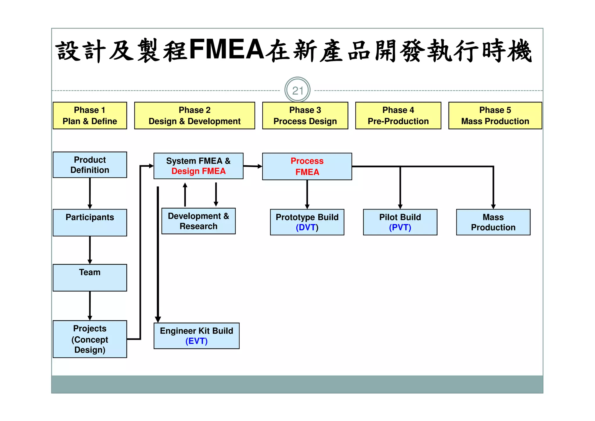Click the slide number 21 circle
tap(297, 90)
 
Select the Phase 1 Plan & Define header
tap(90, 116)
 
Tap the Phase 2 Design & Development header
tap(194, 116)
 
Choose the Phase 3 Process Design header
tap(305, 116)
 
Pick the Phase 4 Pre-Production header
tap(398, 116)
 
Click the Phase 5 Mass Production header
tap(495, 116)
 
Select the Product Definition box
tap(90, 165)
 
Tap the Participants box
tap(90, 222)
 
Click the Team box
tap(90, 277)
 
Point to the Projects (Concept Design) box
tap(90, 339)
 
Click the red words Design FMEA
tap(198, 171)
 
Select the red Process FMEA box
tap(307, 166)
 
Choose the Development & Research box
tap(198, 221)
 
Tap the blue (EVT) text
tap(196, 341)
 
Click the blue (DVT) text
tap(307, 228)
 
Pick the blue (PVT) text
tap(400, 228)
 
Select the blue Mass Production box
tap(493, 222)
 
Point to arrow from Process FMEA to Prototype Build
tap(307, 194)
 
